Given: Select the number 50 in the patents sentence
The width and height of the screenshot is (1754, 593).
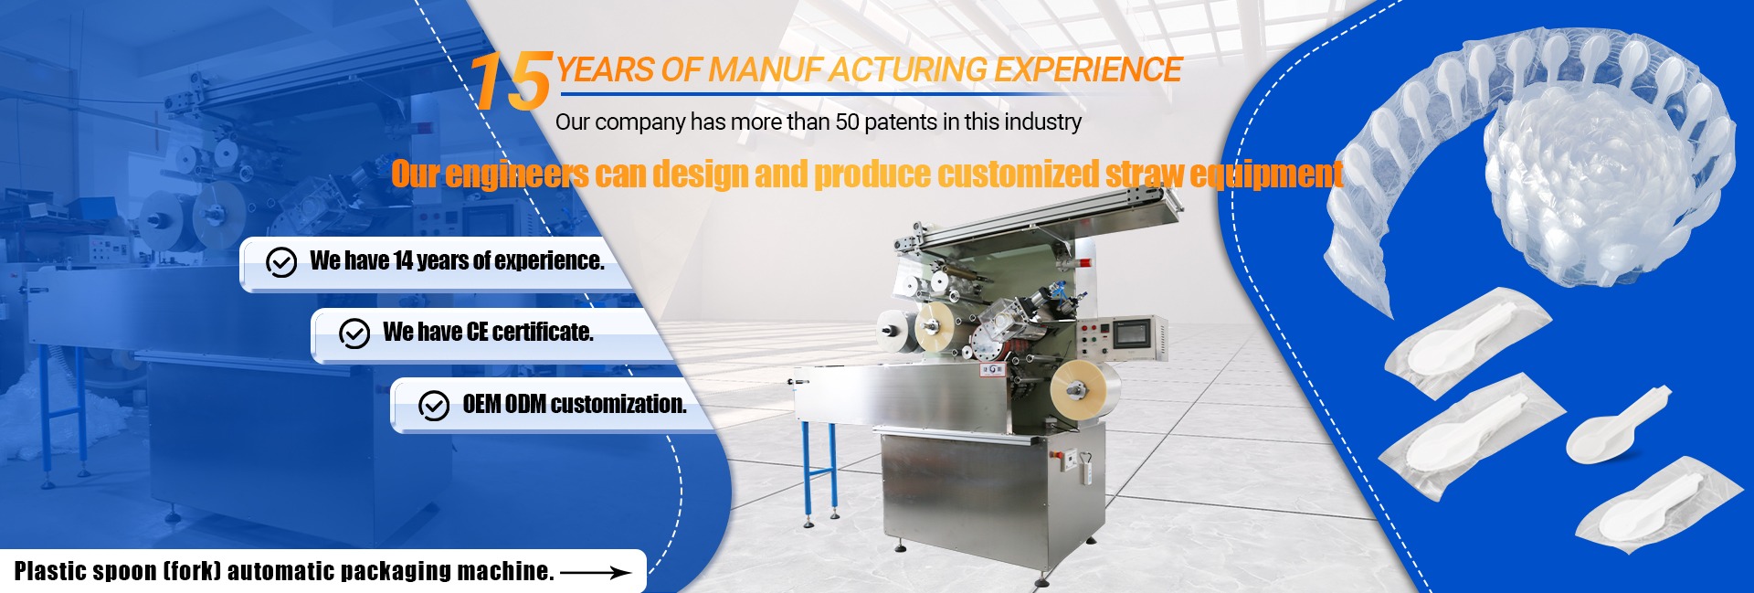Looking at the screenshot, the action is click(848, 122).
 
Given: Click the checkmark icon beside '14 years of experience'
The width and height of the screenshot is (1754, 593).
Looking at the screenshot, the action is click(281, 262).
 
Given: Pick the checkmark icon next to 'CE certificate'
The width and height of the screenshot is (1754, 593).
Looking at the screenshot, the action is click(354, 334).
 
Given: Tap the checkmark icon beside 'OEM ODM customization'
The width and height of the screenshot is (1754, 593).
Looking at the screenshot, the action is click(434, 405).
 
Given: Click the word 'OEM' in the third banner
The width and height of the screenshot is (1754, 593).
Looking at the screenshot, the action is click(481, 404).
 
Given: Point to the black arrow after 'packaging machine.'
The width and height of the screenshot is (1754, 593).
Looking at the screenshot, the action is click(595, 573).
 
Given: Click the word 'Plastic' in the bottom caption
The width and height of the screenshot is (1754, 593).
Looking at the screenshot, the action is click(49, 571).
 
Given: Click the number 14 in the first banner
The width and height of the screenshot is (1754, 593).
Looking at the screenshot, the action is click(403, 260).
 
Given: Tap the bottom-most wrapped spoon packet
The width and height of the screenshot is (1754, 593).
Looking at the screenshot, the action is click(1644, 504).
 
